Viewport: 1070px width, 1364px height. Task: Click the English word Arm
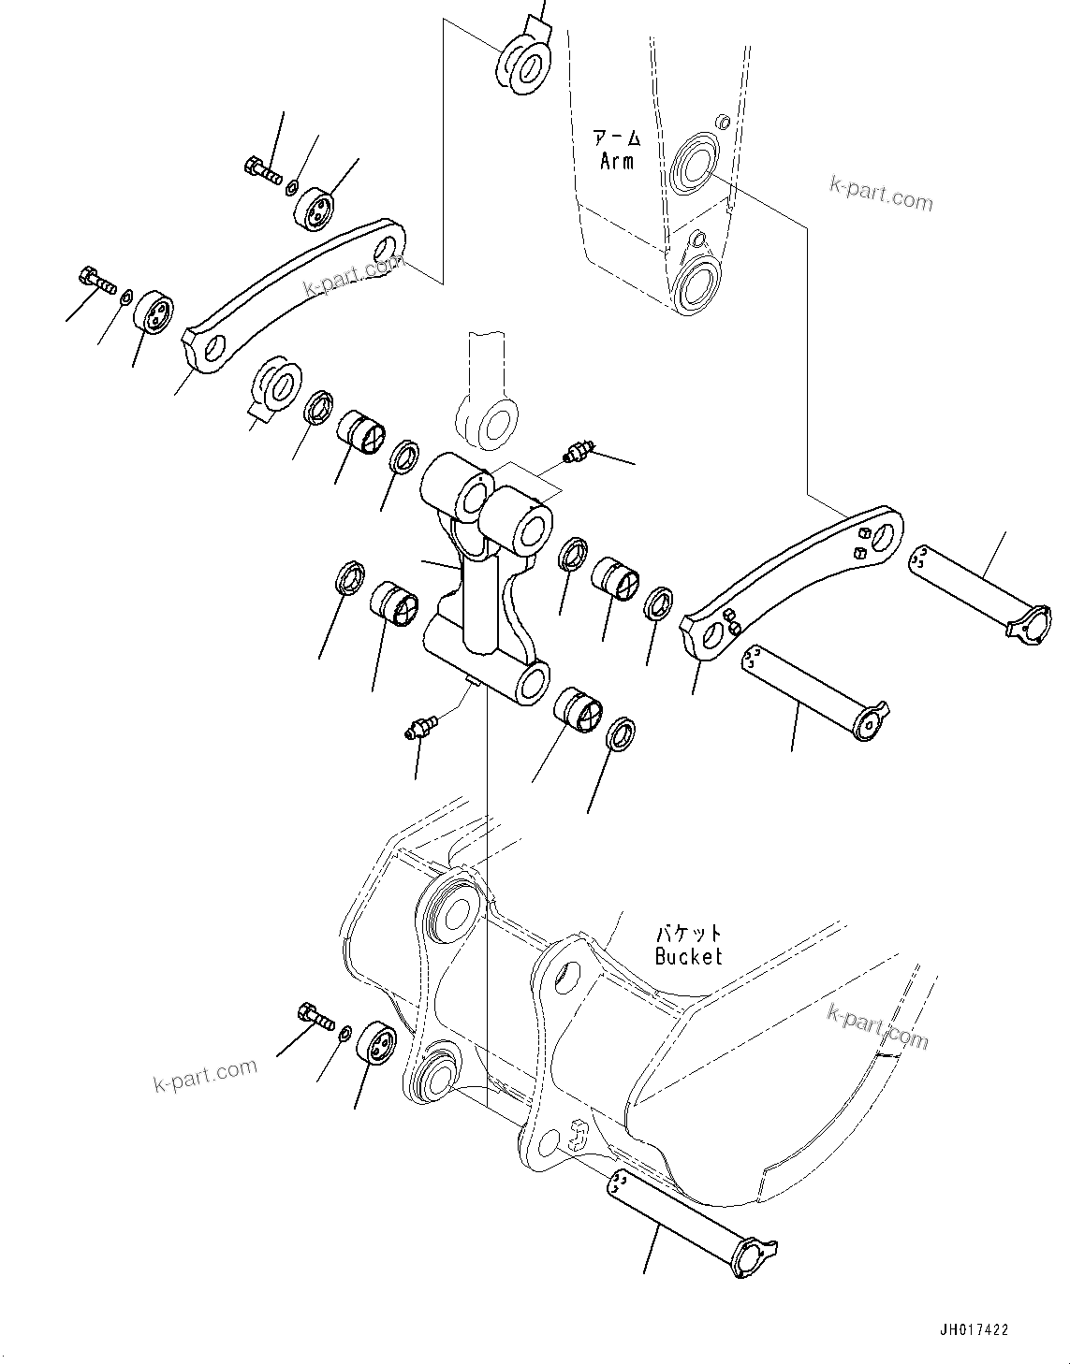pyautogui.click(x=616, y=161)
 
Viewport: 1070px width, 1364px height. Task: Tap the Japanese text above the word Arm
pyautogui.click(x=616, y=139)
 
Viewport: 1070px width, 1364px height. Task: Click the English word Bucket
pyautogui.click(x=688, y=956)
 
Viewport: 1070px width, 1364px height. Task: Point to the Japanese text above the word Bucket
pyautogui.click(x=688, y=934)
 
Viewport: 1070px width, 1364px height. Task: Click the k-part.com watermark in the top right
pyautogui.click(x=881, y=194)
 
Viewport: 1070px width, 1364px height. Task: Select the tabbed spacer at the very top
pyautogui.click(x=525, y=60)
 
